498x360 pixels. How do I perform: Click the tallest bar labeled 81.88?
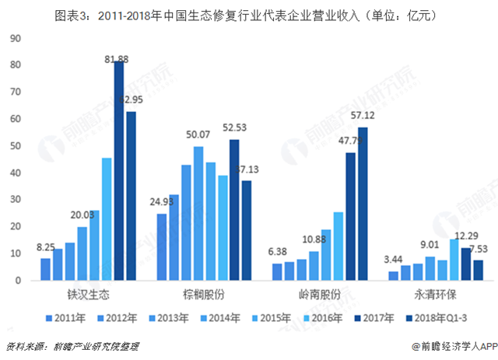pyautogui.click(x=119, y=171)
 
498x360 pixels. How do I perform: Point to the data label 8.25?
pyautogui.click(x=45, y=248)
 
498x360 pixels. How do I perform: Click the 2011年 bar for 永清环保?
pyautogui.click(x=394, y=275)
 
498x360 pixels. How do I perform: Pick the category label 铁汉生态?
pyautogui.click(x=89, y=295)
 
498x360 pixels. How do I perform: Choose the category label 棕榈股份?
pyautogui.click(x=203, y=295)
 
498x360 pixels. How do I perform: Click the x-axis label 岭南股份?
pyautogui.click(x=317, y=295)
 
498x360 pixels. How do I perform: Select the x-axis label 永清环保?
pyautogui.click(x=433, y=295)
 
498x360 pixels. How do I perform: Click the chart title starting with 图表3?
pyautogui.click(x=249, y=14)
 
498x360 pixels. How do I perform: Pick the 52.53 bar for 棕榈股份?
pyautogui.click(x=233, y=210)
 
